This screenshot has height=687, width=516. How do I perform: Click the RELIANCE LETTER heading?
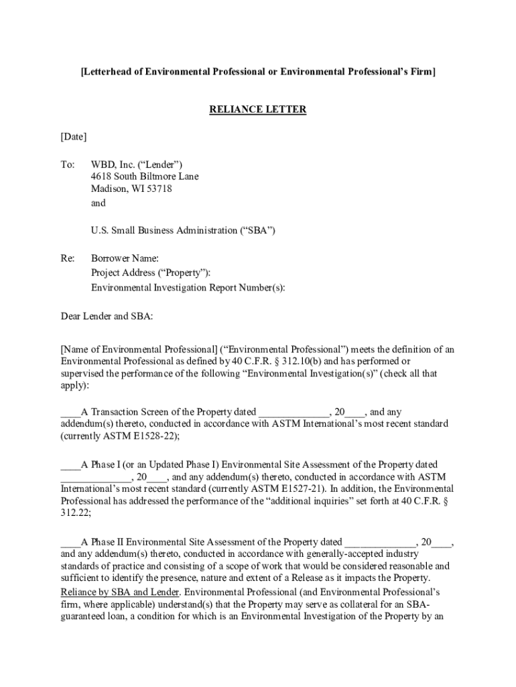(258, 109)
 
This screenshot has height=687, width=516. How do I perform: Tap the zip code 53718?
(157, 189)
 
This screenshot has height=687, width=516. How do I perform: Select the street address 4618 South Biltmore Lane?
(145, 176)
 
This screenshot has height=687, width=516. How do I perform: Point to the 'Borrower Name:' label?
(125, 258)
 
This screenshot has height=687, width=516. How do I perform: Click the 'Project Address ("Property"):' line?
(151, 272)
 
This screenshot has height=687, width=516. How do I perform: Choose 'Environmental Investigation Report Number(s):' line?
(188, 287)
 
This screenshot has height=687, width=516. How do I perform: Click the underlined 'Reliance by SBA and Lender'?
(120, 592)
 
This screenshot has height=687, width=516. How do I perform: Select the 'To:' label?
(68, 164)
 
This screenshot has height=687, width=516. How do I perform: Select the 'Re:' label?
(68, 258)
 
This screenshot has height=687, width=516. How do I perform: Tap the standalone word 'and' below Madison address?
(99, 203)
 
